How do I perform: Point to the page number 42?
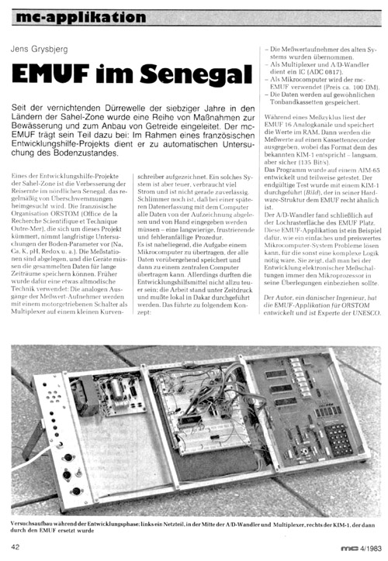[x=16, y=547]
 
